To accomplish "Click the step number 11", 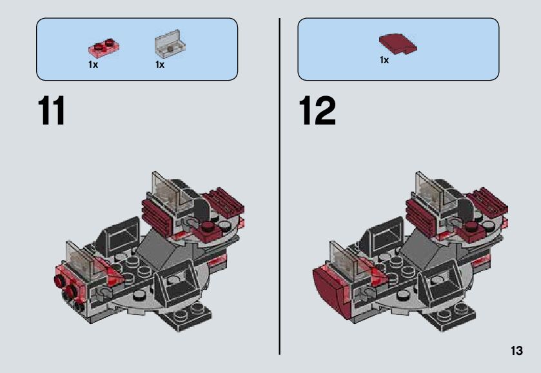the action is [x=52, y=111].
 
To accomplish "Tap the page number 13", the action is [x=516, y=351].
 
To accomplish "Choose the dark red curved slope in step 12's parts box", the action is [x=397, y=44].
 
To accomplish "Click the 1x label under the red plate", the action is [x=93, y=65].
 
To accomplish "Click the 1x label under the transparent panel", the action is [x=160, y=65].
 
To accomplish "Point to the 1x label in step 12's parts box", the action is [x=384, y=61].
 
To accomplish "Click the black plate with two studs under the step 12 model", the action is [x=451, y=316].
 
